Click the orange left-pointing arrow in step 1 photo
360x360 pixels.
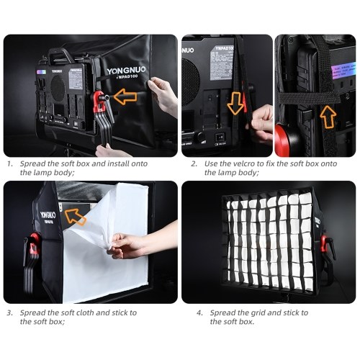tap(125, 96)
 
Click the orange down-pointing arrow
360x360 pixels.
tap(235, 103)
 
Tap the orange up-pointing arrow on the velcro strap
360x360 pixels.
tap(328, 117)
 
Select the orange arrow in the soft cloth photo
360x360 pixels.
tap(75, 217)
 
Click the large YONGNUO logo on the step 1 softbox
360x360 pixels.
tap(126, 70)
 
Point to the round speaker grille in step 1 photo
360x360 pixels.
tap(58, 88)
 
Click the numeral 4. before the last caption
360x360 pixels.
tap(200, 313)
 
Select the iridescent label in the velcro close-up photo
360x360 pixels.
tap(343, 70)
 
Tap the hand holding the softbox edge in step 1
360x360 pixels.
tap(163, 96)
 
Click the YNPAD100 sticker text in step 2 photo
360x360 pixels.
tap(224, 48)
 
